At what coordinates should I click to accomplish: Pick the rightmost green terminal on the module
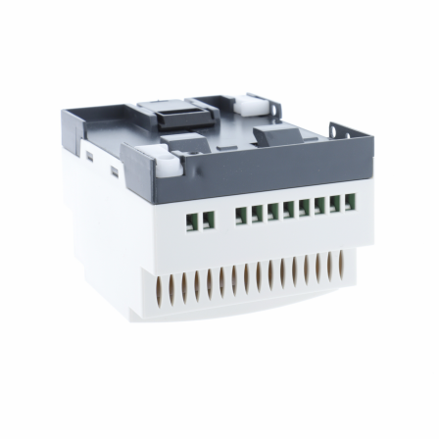[349, 203]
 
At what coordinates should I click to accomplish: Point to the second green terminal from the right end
[334, 205]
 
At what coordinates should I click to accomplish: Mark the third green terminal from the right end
[319, 207]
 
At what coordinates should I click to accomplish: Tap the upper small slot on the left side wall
[89, 154]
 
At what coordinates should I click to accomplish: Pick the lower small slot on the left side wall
[114, 172]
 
